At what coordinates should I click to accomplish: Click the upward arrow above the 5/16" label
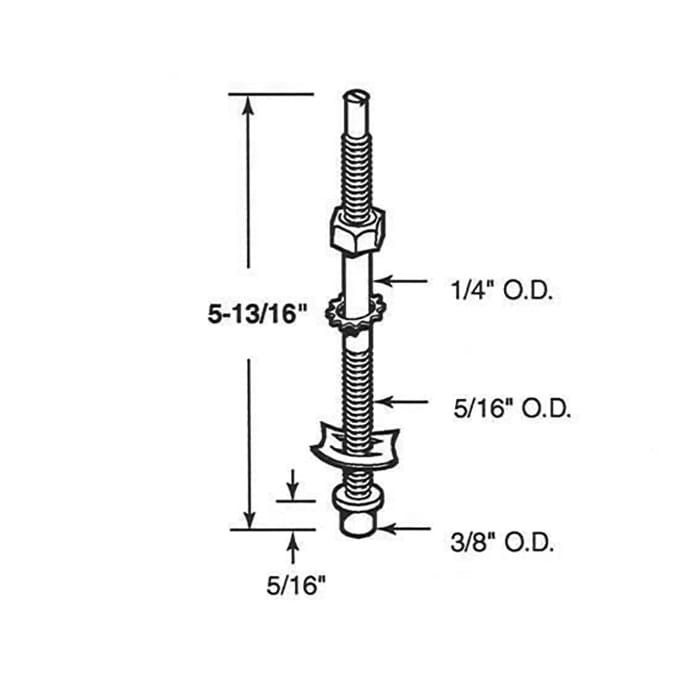pyautogui.click(x=292, y=545)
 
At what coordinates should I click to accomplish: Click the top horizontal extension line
pyautogui.click(x=270, y=95)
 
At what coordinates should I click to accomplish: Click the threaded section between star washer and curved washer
pyautogui.click(x=358, y=380)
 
